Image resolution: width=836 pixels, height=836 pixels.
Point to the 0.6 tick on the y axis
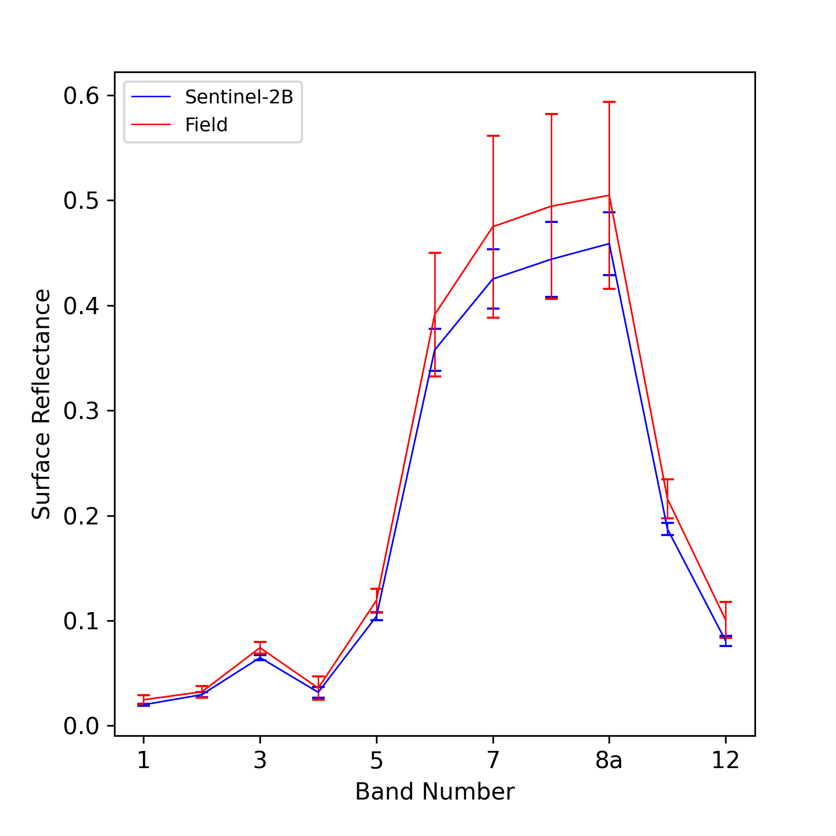[81, 96]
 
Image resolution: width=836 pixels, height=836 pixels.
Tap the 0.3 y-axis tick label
[81, 411]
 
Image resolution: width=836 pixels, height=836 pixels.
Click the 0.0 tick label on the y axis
[81, 726]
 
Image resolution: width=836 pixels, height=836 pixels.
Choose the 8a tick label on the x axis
[609, 761]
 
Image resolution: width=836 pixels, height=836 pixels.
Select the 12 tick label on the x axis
[726, 761]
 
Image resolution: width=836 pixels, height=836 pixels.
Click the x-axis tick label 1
[143, 761]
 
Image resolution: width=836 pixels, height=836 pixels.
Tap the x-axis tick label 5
[376, 761]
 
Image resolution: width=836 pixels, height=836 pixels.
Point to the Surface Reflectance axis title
[42, 404]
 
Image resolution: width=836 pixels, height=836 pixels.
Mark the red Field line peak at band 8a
[609, 195]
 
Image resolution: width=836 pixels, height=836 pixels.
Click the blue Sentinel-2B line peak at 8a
[609, 244]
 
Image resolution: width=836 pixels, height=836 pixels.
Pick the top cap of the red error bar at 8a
[609, 102]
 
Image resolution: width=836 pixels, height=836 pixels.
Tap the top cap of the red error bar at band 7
[493, 136]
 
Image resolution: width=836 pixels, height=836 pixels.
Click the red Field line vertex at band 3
[260, 648]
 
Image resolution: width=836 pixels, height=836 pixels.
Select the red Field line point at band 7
[493, 226]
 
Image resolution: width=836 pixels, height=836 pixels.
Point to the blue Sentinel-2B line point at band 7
[493, 279]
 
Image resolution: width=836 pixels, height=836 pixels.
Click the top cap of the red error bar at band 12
[726, 602]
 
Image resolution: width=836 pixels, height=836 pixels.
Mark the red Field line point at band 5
[376, 600]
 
